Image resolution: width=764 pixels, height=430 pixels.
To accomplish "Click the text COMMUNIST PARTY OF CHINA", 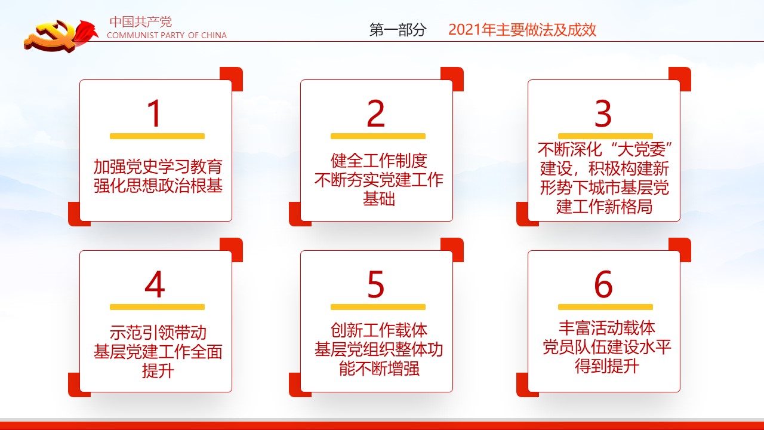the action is click(167, 35).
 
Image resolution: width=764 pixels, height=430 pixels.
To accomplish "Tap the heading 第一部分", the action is click(398, 30).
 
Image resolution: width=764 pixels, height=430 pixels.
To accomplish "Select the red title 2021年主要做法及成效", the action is click(522, 30).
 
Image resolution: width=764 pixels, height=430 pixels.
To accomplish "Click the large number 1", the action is click(155, 113).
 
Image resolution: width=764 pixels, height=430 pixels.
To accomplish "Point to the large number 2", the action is click(376, 113).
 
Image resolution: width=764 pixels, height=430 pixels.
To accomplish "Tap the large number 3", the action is click(603, 113).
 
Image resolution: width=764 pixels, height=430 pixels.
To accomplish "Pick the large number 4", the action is click(155, 284).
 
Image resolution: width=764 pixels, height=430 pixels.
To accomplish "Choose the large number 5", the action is click(376, 284).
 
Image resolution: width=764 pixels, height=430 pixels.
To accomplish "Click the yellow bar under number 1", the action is click(157, 136).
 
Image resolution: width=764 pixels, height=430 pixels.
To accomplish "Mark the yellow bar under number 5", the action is click(378, 307).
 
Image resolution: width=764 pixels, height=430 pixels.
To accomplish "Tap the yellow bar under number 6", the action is click(605, 307).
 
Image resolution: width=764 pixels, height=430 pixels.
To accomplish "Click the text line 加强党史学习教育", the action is click(158, 167).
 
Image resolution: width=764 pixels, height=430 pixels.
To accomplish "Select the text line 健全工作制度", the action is click(378, 161).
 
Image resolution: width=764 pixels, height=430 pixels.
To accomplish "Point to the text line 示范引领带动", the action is click(158, 333).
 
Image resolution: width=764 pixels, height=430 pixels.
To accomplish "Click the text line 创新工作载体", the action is click(378, 330).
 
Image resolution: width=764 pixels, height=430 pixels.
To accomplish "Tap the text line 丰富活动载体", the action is click(607, 328).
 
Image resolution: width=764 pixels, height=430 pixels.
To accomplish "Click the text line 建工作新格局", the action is click(605, 207).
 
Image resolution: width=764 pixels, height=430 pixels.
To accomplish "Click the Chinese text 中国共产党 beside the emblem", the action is click(140, 22).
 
